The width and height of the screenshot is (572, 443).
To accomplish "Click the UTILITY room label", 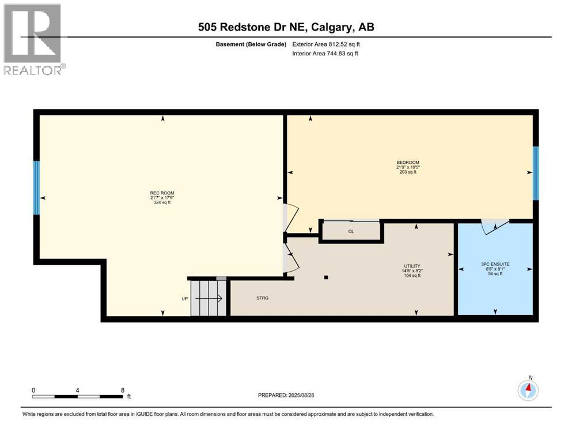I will coord(411,266).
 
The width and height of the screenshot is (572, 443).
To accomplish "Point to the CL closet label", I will coord(351,231).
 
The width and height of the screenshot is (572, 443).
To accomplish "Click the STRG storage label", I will coord(263,298).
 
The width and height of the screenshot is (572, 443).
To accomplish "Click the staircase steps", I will coord(209,298).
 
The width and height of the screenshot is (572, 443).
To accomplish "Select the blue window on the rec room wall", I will coord(36,187).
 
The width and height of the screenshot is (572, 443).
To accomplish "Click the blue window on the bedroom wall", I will coord(535,172).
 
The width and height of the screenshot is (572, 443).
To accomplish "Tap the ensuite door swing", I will coord(494,227).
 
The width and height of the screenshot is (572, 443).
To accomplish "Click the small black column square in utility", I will coord(326,277).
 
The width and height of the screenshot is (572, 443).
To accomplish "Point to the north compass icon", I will coord(528,390).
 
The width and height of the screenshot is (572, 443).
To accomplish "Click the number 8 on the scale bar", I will coord(123,390).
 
